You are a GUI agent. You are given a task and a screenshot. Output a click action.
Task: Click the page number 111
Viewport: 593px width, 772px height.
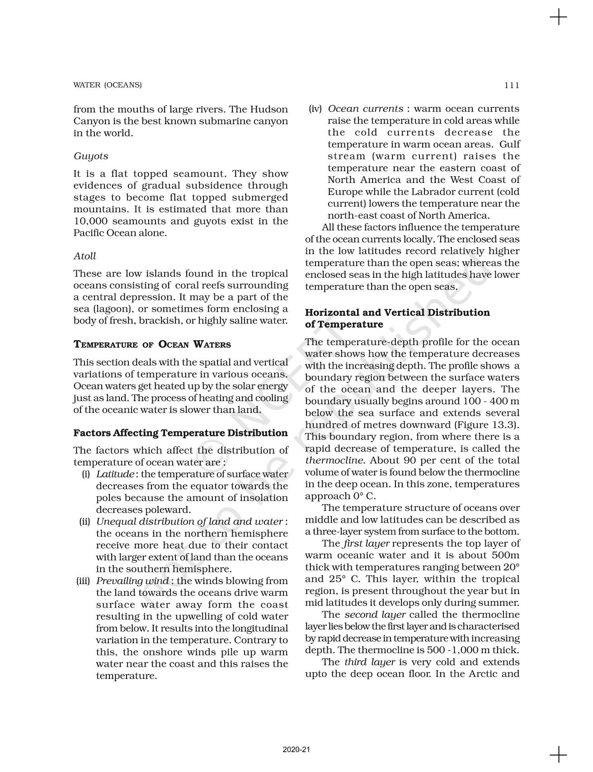[512, 85]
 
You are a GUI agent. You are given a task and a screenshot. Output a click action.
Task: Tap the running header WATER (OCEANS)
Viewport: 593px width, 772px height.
[108, 85]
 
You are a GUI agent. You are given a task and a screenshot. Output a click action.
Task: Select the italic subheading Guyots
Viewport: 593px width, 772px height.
[91, 156]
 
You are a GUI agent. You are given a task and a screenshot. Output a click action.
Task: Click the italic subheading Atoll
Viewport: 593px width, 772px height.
[85, 256]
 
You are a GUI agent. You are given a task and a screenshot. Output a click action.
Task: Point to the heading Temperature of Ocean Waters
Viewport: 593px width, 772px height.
[152, 345]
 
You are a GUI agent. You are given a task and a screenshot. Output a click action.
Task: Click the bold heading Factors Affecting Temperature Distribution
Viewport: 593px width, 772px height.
[180, 433]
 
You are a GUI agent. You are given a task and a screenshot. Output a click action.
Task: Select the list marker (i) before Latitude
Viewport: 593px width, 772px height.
[85, 474]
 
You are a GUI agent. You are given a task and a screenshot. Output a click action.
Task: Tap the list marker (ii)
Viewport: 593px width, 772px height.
[85, 522]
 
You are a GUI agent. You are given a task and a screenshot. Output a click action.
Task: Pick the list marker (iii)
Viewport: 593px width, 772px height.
[83, 581]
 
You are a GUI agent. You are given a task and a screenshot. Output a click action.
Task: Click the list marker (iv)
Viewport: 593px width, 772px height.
[315, 109]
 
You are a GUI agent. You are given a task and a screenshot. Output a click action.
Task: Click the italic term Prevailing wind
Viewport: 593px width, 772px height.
[132, 581]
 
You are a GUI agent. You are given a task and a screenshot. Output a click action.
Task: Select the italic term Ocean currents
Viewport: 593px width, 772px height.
[365, 109]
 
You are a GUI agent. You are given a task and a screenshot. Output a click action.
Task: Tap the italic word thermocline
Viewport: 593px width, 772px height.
[334, 461]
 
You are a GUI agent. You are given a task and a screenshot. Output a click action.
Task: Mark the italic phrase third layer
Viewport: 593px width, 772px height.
[370, 662]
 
